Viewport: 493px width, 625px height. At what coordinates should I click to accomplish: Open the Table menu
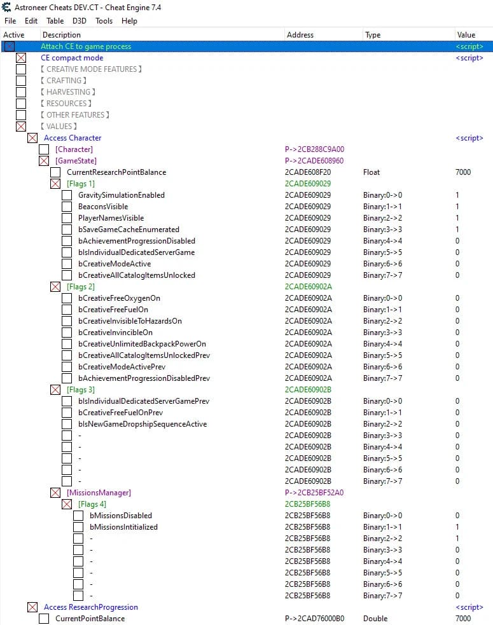click(x=55, y=21)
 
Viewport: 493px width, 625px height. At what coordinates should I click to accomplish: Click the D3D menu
click(x=80, y=21)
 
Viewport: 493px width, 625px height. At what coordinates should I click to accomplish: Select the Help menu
click(x=129, y=21)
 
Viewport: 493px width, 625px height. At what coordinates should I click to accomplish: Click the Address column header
click(x=300, y=35)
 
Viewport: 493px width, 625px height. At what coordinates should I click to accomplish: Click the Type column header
click(x=373, y=35)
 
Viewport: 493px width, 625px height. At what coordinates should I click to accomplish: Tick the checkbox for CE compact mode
click(x=21, y=58)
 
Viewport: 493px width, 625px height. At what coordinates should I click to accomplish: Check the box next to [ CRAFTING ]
click(x=21, y=81)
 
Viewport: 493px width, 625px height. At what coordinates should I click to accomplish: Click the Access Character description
click(x=73, y=138)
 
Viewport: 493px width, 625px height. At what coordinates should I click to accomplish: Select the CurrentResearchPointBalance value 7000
click(x=463, y=172)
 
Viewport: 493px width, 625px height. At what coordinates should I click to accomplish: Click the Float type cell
click(x=371, y=172)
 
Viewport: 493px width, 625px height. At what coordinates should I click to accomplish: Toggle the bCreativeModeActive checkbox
click(x=67, y=264)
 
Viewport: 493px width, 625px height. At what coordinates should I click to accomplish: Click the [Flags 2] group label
click(x=81, y=287)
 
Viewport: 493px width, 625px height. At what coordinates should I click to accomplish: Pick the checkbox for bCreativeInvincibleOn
click(x=67, y=333)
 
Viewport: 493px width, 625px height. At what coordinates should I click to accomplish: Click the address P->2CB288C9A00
click(x=314, y=149)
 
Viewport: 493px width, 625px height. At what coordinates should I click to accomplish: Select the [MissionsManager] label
click(x=99, y=493)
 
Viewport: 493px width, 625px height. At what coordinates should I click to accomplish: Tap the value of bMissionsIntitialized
click(x=457, y=527)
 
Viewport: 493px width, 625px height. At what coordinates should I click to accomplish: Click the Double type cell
click(x=375, y=619)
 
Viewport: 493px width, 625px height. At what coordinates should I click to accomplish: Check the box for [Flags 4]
click(x=67, y=504)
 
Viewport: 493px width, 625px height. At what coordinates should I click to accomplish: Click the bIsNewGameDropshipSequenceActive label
click(x=142, y=424)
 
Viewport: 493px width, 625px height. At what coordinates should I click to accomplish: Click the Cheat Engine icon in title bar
click(x=6, y=7)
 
